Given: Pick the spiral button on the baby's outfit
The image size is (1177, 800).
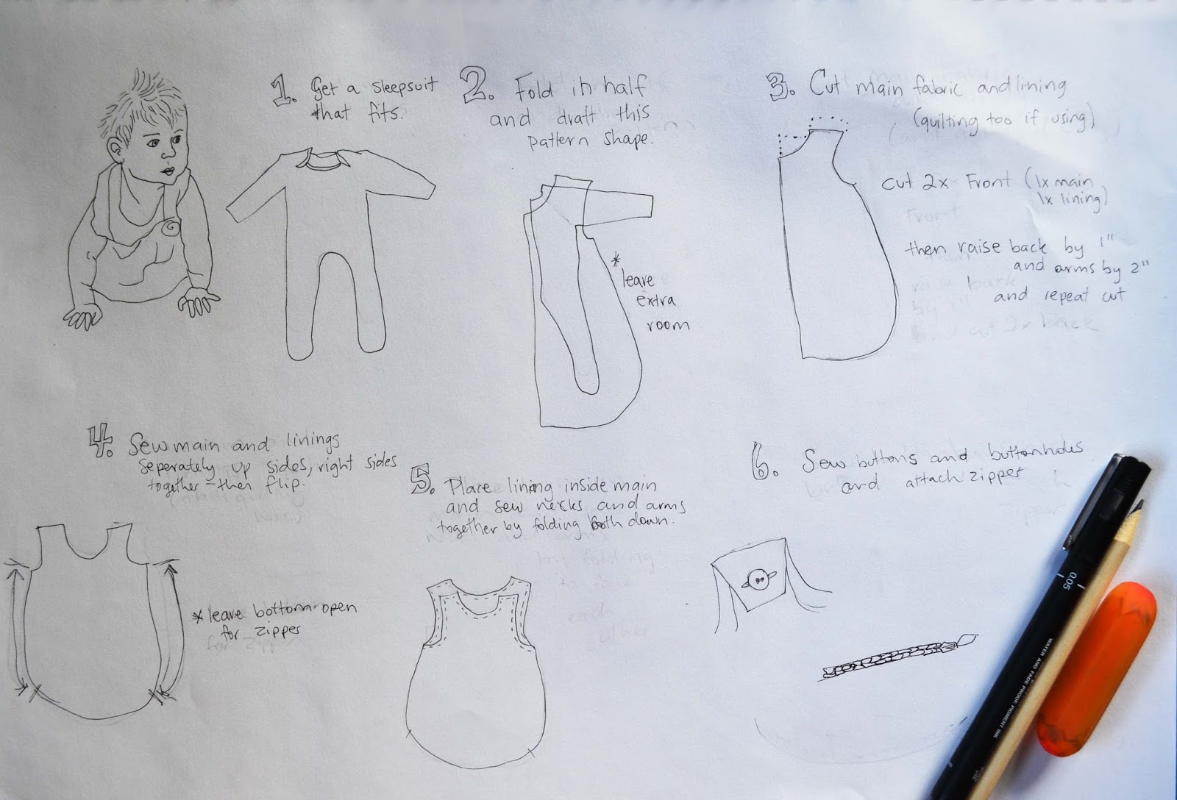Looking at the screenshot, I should click(x=171, y=228).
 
